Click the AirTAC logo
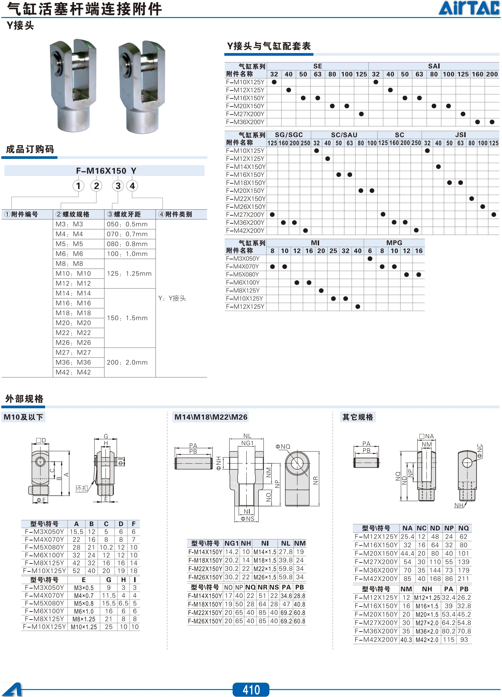pyautogui.click(x=469, y=8)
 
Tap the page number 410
pyautogui.click(x=251, y=690)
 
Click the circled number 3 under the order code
pyautogui.click(x=118, y=186)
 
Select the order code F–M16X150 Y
pyautogui.click(x=106, y=171)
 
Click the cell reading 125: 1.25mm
pyautogui.click(x=129, y=274)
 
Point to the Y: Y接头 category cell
pyautogui.click(x=172, y=298)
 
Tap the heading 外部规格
pyautogui.click(x=24, y=399)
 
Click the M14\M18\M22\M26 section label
pyautogui.click(x=211, y=417)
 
